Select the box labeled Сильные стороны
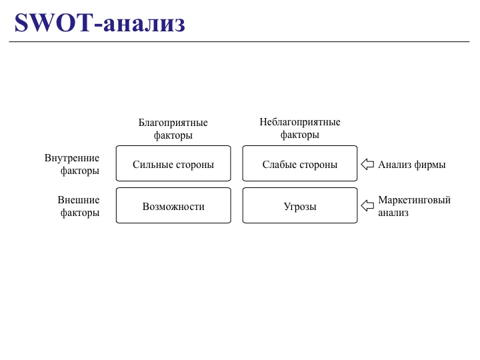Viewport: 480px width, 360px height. coord(173,164)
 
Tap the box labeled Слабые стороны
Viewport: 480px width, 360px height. coord(300,164)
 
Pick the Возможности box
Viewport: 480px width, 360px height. coord(173,206)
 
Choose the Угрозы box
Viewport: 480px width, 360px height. coord(300,206)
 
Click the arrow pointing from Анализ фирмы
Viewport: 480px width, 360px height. coord(367,164)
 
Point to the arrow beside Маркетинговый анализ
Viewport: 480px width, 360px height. coord(367,206)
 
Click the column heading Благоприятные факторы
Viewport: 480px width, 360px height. coord(173,129)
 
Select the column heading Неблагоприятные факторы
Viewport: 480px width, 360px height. coord(300,128)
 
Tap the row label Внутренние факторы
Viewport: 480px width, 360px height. coord(72,164)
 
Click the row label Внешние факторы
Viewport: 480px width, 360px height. coord(79,206)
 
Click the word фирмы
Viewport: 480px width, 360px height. coord(430,165)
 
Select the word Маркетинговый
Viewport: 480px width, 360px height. coord(415,200)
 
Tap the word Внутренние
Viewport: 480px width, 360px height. coord(72,158)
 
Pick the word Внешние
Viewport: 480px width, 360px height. coord(79,200)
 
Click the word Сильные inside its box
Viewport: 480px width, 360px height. coord(151,165)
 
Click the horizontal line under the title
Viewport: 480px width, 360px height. coord(240,41)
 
